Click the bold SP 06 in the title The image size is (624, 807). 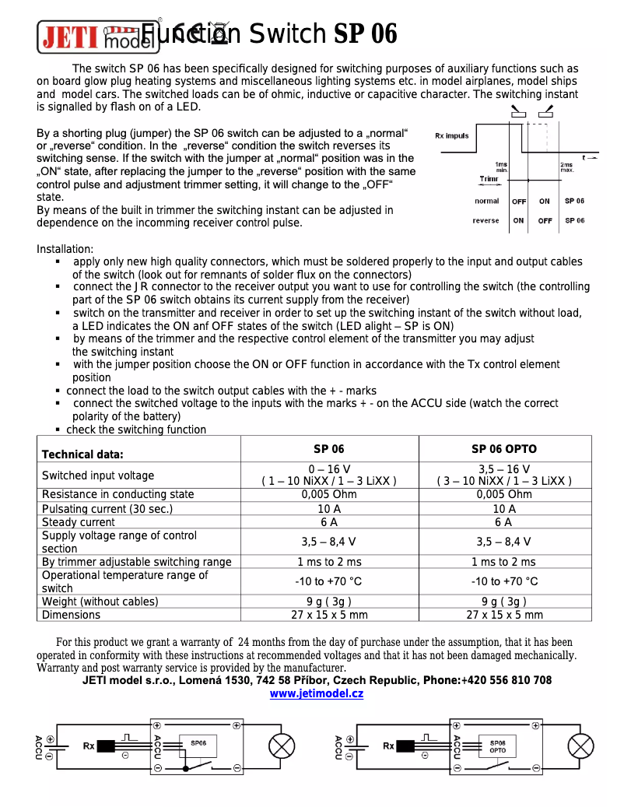click(x=365, y=34)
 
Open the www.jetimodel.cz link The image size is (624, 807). click(x=316, y=693)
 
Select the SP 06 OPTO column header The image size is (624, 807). click(x=503, y=449)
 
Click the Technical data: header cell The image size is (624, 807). click(x=82, y=454)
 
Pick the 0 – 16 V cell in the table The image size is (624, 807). click(x=328, y=469)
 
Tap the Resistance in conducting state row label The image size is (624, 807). click(x=117, y=494)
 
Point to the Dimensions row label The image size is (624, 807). click(x=71, y=615)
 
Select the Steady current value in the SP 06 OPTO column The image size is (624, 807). click(x=503, y=522)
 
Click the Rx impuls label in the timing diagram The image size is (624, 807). click(x=451, y=135)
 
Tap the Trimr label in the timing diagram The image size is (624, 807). click(x=489, y=179)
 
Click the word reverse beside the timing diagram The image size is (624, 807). click(x=486, y=220)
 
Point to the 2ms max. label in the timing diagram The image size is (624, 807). click(x=566, y=167)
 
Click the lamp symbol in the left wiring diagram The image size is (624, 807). click(x=282, y=746)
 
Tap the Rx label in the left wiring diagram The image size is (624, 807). click(x=89, y=746)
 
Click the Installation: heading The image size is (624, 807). click(x=65, y=249)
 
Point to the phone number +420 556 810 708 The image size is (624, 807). click(x=507, y=680)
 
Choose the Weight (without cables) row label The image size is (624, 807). click(x=100, y=602)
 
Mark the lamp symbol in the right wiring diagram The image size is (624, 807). click(x=580, y=746)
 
